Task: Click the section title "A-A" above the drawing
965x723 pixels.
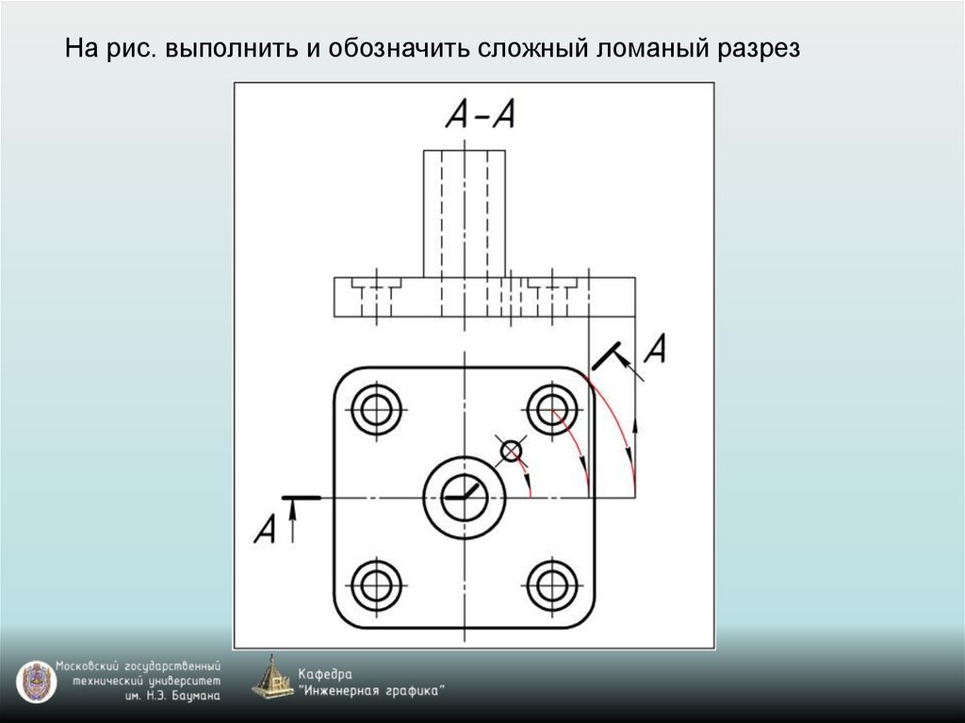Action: coord(480,114)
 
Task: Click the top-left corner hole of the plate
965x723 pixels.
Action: coord(376,409)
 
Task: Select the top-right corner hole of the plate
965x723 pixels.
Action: coord(553,409)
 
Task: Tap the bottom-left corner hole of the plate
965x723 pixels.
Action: coord(376,585)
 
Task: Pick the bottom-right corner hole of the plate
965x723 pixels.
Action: coord(553,585)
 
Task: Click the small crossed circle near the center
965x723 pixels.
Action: coord(511,452)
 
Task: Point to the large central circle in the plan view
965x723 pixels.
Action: coord(465,496)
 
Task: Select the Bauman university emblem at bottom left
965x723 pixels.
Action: coord(35,681)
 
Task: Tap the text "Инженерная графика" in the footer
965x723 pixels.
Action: coord(371,691)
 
